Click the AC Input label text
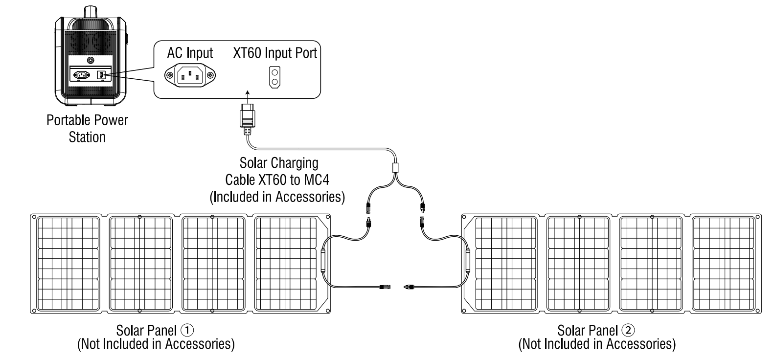[x=190, y=53]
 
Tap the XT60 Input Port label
[x=275, y=52]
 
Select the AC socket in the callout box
[x=191, y=76]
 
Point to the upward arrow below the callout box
[x=247, y=94]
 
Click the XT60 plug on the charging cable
[x=247, y=118]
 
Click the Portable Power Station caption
[x=87, y=128]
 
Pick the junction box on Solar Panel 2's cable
[x=468, y=262]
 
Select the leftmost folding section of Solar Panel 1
[x=68, y=263]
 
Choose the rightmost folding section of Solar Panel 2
[x=724, y=263]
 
